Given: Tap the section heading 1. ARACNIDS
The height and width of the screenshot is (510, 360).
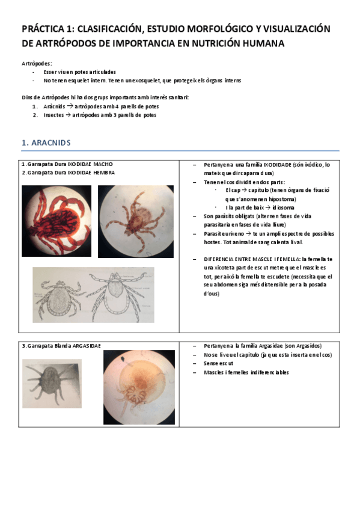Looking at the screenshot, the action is pyautogui.click(x=46, y=143).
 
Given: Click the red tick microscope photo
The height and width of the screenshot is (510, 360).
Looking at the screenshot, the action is pyautogui.click(x=56, y=221).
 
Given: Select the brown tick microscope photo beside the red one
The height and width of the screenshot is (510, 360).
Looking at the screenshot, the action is pyautogui.click(x=136, y=221).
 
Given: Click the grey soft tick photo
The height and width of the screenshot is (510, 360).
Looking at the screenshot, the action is pyautogui.click(x=52, y=383).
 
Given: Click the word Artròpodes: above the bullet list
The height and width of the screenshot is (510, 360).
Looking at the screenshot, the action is pyautogui.click(x=37, y=63).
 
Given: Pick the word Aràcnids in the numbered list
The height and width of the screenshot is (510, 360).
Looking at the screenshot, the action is pyautogui.click(x=55, y=106).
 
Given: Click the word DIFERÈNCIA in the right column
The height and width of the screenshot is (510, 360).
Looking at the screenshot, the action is pyautogui.click(x=222, y=259).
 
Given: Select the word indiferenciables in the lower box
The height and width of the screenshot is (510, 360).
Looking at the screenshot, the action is pyautogui.click(x=266, y=372).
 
